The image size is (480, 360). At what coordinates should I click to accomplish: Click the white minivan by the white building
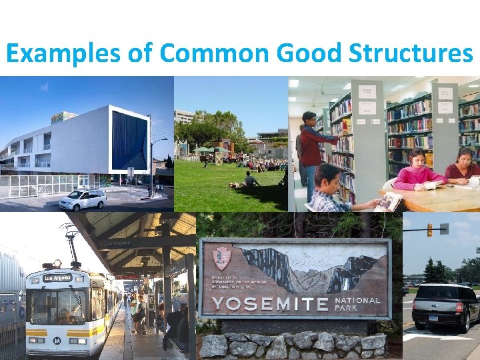click(x=83, y=199)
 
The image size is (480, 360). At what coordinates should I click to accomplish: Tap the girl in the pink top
click(x=418, y=171)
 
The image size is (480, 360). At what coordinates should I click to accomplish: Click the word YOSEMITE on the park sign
click(x=271, y=304)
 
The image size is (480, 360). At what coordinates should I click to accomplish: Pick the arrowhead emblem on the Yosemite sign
click(x=221, y=259)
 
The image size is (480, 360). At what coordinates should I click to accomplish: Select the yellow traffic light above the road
click(x=429, y=230)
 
